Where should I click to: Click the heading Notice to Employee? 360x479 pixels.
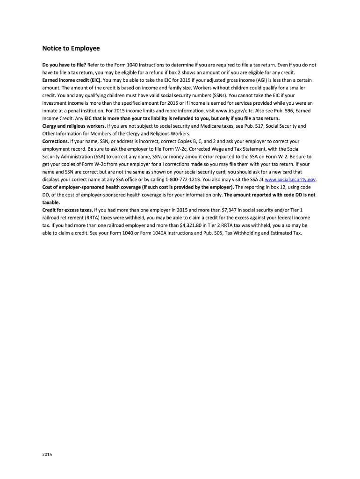pyautogui.click(x=71, y=48)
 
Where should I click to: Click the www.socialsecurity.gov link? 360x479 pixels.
pyautogui.click(x=290, y=180)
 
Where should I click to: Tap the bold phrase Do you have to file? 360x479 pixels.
pyautogui.click(x=64, y=65)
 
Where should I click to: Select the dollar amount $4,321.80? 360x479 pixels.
pyautogui.click(x=194, y=225)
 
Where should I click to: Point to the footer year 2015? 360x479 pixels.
pyautogui.click(x=47, y=454)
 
